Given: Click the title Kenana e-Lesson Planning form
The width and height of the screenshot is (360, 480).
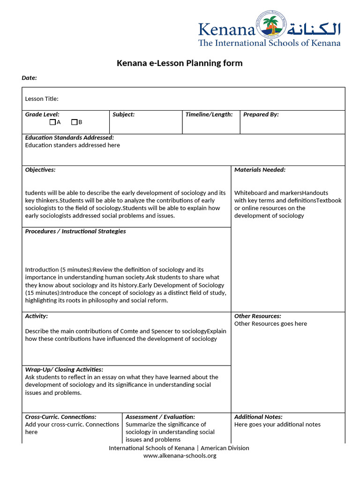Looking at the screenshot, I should tap(180, 63).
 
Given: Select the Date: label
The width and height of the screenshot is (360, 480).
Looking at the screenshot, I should tap(29, 78).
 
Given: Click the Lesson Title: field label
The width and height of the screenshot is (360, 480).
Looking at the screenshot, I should tap(42, 98).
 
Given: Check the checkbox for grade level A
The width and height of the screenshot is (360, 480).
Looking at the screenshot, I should tap(52, 122).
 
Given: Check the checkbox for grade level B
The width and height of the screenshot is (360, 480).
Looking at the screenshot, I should tap(74, 122).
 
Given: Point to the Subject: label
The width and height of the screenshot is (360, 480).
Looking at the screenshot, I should tap(123, 114).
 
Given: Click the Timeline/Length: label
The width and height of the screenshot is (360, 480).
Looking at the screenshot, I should tap(209, 114).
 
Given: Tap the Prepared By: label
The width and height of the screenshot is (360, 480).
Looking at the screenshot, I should tap(261, 114).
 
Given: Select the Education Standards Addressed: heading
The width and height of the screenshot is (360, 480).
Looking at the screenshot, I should tap(69, 138).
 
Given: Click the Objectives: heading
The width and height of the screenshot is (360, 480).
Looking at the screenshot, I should tap(40, 170).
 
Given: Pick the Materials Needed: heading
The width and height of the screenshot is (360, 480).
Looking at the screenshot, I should tap(260, 170).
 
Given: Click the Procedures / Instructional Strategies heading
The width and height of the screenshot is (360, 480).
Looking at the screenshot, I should tap(75, 231).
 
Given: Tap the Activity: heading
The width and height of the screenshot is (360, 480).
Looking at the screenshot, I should tap(36, 316).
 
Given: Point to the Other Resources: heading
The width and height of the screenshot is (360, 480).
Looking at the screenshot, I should tap(257, 316).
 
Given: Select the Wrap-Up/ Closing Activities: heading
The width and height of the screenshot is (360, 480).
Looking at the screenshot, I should tap(64, 369).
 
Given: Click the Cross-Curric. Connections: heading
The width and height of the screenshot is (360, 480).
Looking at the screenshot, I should tap(60, 417).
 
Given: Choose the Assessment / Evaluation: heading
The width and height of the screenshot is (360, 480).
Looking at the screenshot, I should tap(160, 417).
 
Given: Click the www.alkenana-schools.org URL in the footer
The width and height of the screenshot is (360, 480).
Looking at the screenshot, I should tap(180, 456).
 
